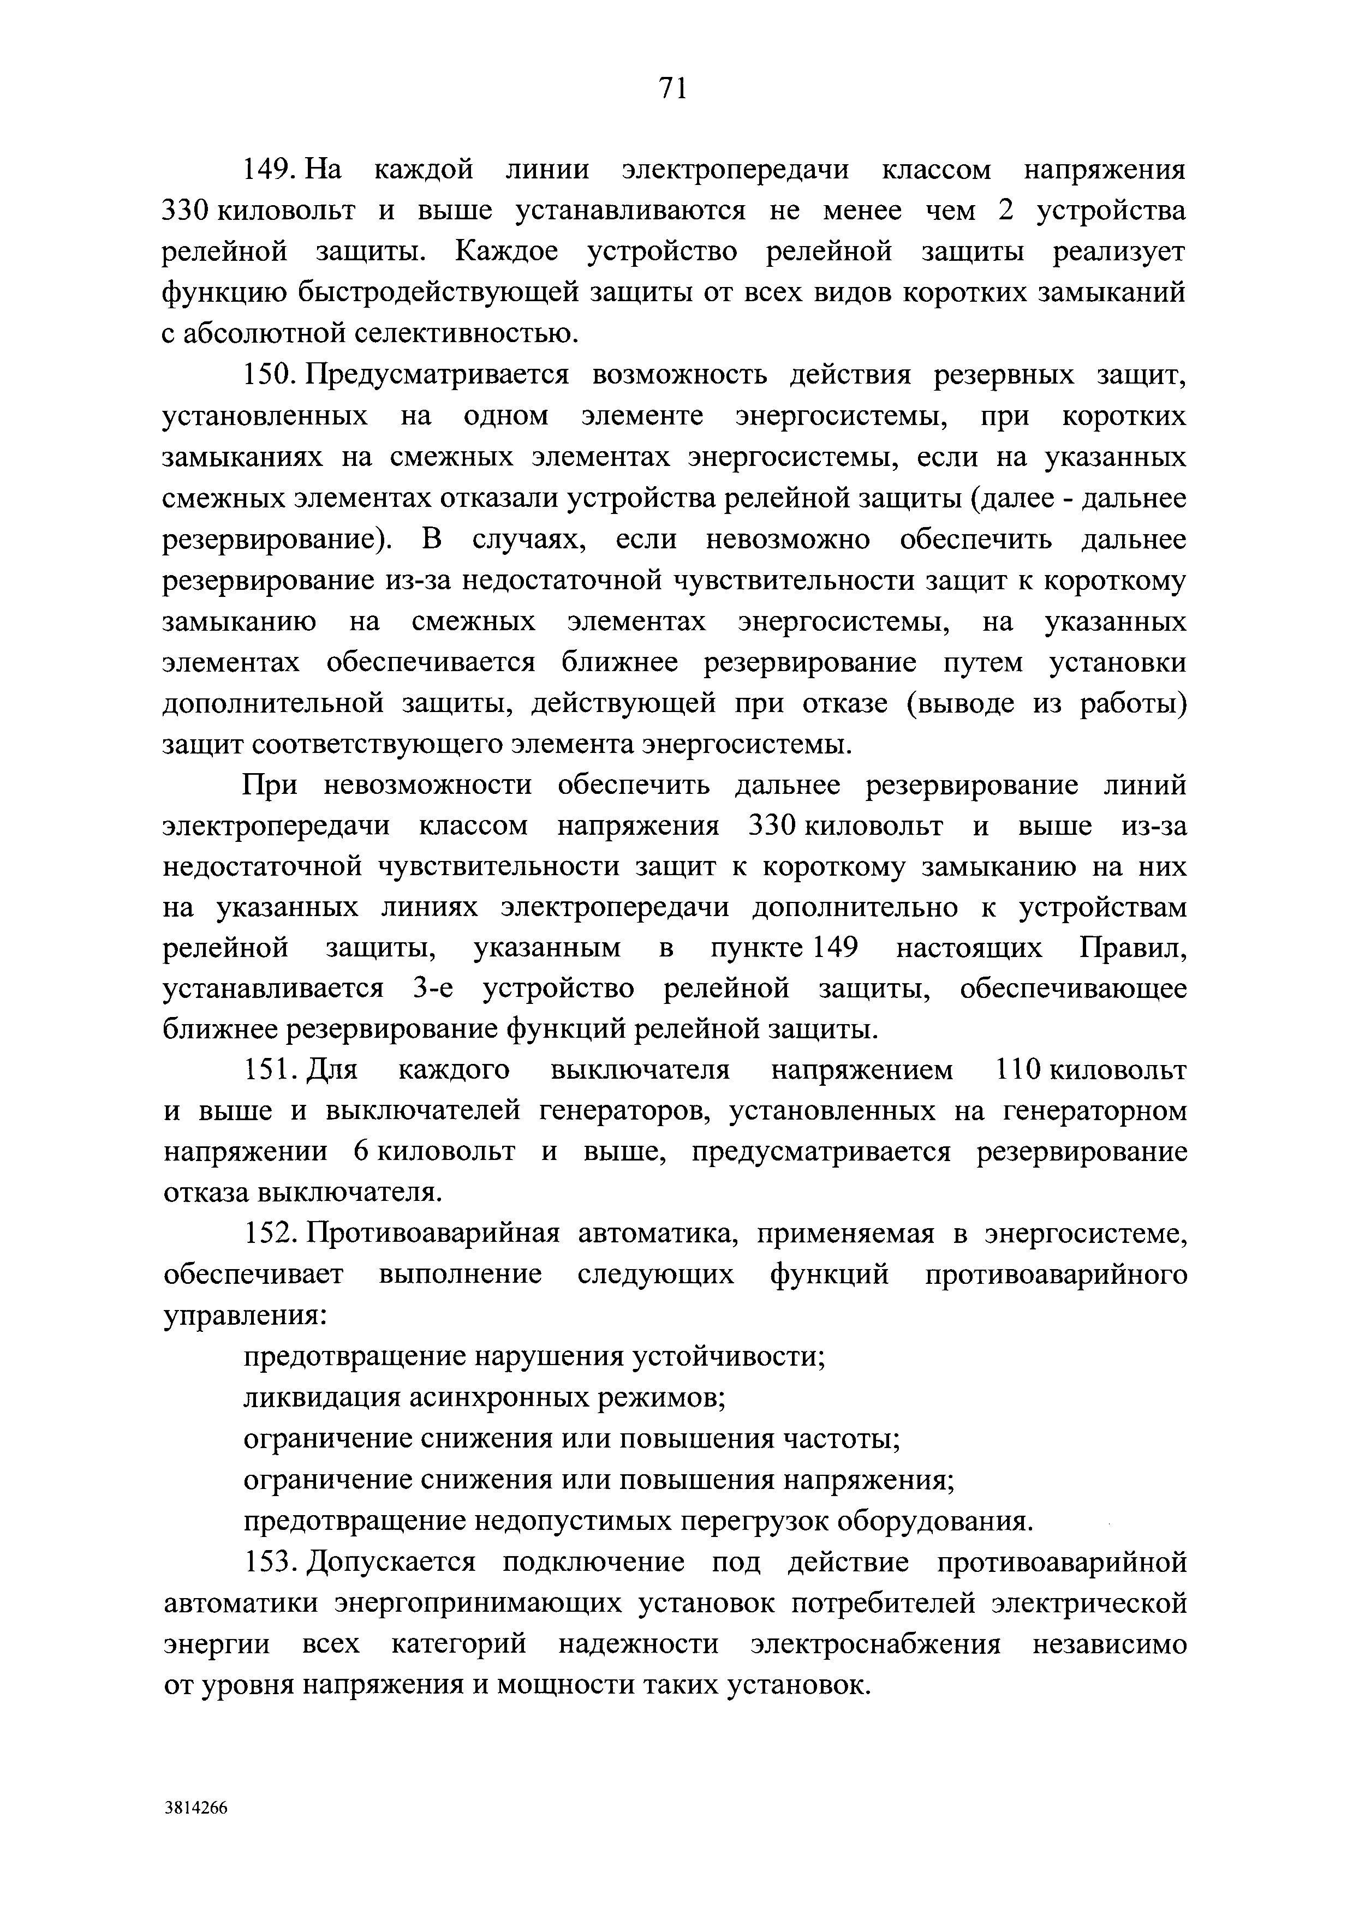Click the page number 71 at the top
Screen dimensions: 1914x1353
click(672, 87)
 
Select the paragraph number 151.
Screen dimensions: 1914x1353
click(266, 1070)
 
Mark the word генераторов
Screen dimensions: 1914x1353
click(631, 1111)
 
